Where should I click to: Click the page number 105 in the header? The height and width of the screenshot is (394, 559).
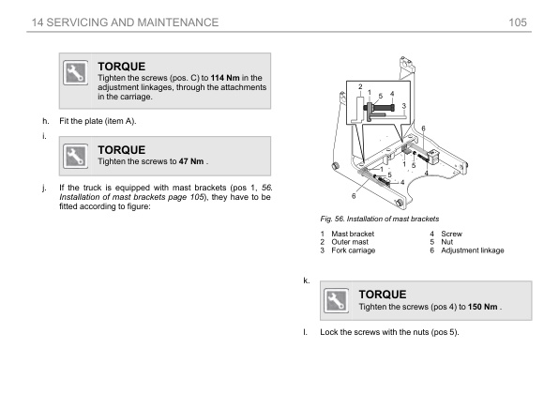(x=518, y=23)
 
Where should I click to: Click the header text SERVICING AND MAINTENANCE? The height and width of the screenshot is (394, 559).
(x=132, y=23)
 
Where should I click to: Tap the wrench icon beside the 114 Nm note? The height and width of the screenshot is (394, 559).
(x=75, y=73)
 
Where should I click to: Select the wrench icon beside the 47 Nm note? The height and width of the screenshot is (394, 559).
(x=75, y=156)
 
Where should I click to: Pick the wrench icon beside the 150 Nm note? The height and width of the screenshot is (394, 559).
(x=336, y=300)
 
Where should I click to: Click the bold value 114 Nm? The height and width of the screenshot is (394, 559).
(x=225, y=78)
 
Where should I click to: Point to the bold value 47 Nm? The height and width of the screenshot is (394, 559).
(x=191, y=161)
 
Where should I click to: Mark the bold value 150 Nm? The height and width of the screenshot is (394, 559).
(x=482, y=307)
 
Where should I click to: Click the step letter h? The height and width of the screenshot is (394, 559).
(x=46, y=121)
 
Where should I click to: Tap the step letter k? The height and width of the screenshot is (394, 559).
(x=307, y=280)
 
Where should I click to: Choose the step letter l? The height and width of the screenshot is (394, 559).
(x=305, y=332)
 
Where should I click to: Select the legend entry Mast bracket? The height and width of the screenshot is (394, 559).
(x=353, y=234)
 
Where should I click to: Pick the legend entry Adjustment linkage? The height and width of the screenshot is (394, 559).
(x=473, y=250)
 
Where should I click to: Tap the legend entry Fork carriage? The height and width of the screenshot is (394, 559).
(x=353, y=250)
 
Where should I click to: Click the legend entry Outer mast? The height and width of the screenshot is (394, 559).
(x=350, y=242)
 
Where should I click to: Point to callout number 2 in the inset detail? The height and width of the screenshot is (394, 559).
(x=360, y=86)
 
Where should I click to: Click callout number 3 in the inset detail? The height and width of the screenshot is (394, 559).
(x=403, y=106)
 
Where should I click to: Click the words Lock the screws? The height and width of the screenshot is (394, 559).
(x=345, y=332)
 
